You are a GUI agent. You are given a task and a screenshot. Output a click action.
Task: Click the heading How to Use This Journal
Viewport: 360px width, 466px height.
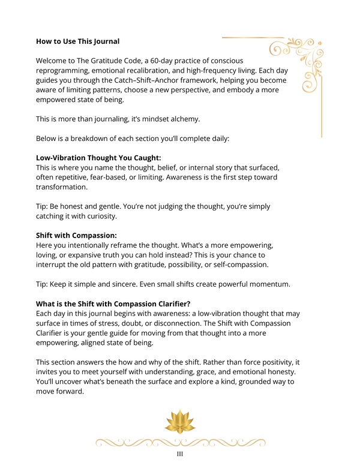(x=77, y=41)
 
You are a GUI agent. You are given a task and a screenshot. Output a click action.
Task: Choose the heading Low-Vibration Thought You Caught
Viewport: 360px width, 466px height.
(x=98, y=158)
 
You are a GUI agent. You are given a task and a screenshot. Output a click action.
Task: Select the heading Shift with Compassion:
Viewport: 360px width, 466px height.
(x=76, y=235)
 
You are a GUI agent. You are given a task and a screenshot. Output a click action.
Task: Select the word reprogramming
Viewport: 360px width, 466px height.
(x=66, y=70)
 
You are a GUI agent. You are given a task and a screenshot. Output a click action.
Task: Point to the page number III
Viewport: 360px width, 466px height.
(x=180, y=455)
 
